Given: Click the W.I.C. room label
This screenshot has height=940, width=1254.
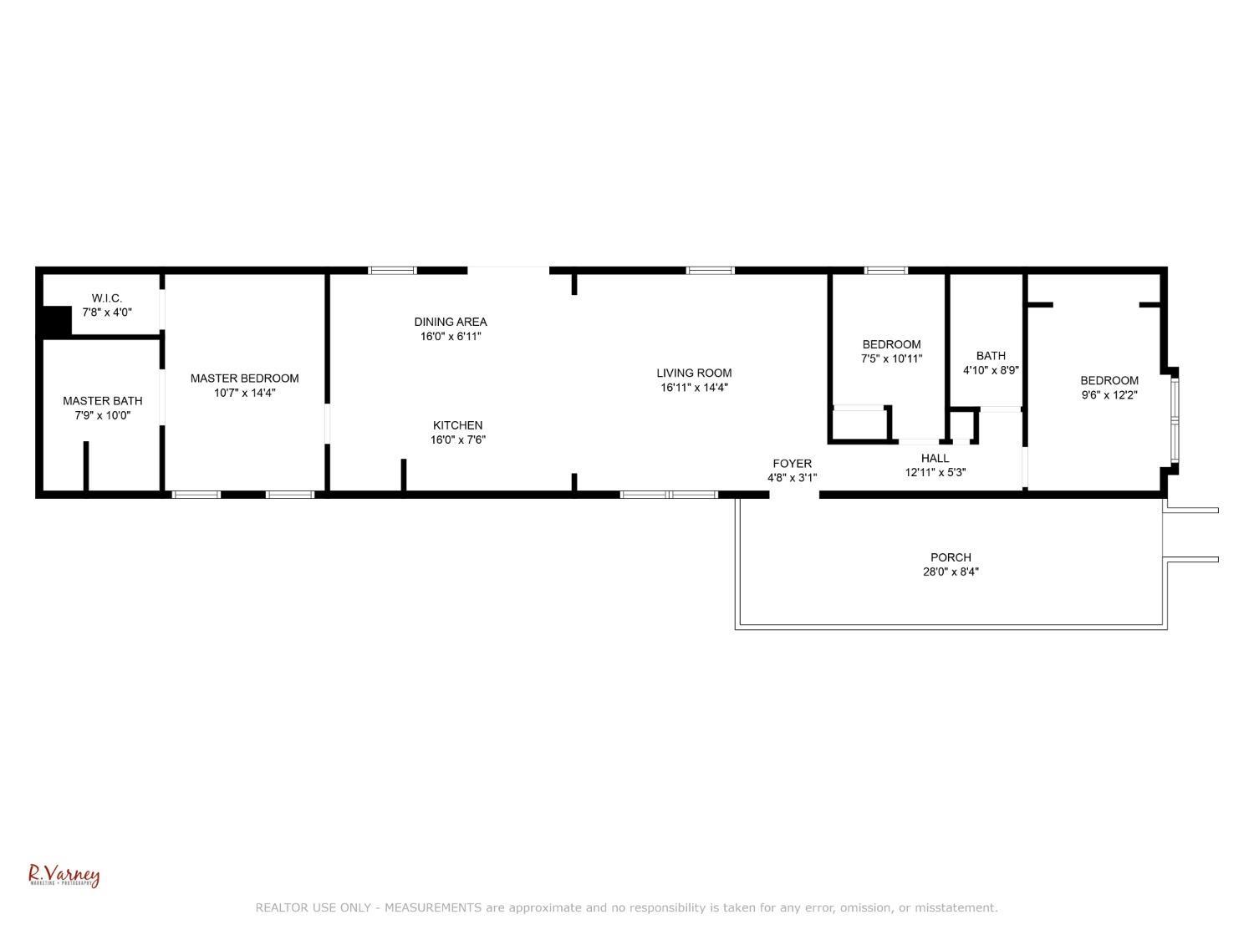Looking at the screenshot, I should [107, 298].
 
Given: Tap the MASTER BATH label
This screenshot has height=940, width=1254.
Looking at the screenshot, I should [102, 401].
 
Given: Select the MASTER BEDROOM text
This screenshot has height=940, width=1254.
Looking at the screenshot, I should [244, 379].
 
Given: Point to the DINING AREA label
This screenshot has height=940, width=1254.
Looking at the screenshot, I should [451, 322].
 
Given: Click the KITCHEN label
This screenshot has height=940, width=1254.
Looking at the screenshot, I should [457, 425].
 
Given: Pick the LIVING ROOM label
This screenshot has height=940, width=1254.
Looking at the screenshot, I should [694, 373].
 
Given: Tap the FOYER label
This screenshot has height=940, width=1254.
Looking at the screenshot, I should [792, 464].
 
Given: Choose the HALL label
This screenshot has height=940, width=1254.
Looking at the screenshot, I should [935, 458].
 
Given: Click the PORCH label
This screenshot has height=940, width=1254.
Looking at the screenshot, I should [951, 557].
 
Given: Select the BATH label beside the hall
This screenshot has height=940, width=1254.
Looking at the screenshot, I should [991, 356].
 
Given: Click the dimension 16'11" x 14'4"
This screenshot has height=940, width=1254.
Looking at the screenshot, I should [694, 388].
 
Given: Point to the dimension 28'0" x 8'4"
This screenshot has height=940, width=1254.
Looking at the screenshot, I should [946, 572].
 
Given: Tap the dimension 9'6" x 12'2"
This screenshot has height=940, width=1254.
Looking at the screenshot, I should [1109, 395].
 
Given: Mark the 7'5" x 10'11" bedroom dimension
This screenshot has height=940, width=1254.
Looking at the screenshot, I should [892, 359].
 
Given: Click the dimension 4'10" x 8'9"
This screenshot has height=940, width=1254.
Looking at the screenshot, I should [991, 370].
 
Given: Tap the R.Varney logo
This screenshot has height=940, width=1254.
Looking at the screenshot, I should [64, 876].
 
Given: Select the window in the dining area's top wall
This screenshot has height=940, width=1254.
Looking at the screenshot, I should [393, 271].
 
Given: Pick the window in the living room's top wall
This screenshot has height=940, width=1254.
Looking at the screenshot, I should [711, 271].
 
